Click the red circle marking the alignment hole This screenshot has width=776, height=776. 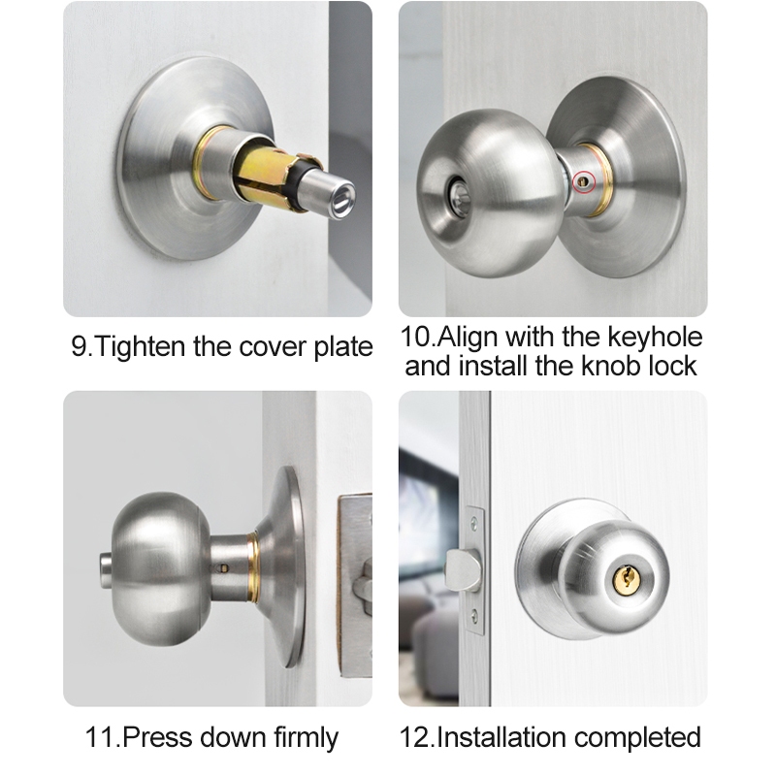[583, 182]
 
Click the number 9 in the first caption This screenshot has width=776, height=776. [79, 346]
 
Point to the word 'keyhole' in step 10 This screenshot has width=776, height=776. [655, 337]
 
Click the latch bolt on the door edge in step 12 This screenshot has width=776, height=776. [464, 569]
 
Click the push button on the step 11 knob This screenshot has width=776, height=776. [106, 570]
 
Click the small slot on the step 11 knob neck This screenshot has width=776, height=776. [224, 568]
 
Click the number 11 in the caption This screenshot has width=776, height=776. [101, 737]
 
